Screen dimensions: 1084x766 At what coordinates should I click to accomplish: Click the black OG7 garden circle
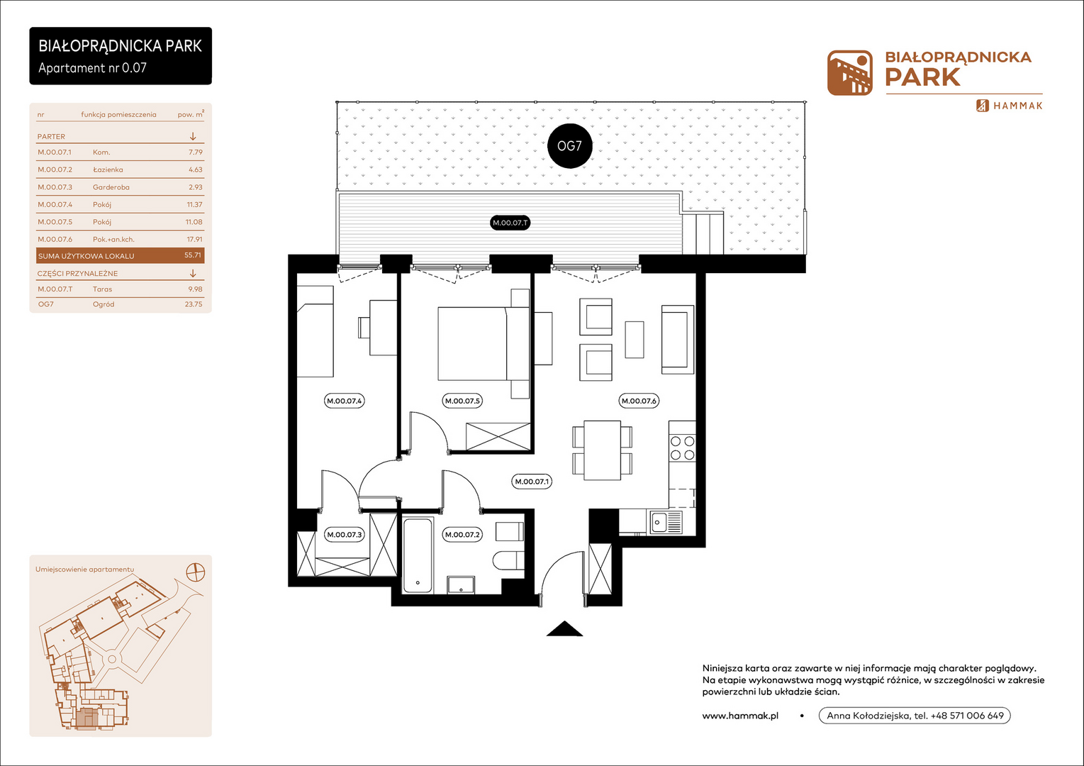click(569, 145)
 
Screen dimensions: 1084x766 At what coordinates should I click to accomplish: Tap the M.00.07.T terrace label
click(510, 223)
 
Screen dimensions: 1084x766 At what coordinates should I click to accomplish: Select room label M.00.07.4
click(344, 401)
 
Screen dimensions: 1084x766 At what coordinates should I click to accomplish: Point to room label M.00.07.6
click(639, 401)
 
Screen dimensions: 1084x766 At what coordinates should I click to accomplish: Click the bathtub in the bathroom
click(418, 555)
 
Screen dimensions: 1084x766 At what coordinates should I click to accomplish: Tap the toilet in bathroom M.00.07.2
click(508, 561)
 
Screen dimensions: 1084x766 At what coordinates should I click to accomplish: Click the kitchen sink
click(666, 523)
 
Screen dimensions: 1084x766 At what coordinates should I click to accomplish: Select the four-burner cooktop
click(682, 448)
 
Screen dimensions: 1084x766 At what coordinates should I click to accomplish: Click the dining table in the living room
click(602, 450)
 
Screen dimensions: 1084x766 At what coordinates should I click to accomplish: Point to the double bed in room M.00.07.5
click(484, 344)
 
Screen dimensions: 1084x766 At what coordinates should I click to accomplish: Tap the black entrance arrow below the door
click(564, 628)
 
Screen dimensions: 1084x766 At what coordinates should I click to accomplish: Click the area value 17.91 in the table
click(194, 239)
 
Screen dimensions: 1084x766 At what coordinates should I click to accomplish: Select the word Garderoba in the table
click(111, 187)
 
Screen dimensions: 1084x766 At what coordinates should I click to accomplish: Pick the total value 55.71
click(193, 255)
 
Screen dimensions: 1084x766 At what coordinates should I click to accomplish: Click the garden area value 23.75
click(194, 304)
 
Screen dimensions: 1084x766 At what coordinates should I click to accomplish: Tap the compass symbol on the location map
click(196, 572)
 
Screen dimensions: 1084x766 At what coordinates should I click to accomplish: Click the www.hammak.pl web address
click(740, 716)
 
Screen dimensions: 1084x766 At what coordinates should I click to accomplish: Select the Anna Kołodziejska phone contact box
click(915, 716)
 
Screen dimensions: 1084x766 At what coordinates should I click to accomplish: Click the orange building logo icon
click(850, 72)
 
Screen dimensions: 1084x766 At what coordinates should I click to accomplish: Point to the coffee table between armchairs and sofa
click(634, 340)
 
